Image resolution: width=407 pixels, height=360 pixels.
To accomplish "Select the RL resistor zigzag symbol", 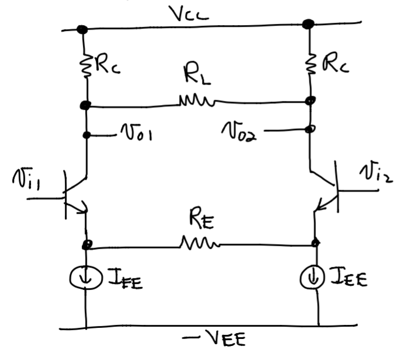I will (x=197, y=103).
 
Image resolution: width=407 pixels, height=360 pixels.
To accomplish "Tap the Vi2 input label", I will (x=376, y=173).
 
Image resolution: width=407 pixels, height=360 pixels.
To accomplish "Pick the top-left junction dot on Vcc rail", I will (x=83, y=29).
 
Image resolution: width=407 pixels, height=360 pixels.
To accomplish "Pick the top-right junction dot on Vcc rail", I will (x=308, y=24).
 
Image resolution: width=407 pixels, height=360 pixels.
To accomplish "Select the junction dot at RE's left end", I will (x=87, y=244).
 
